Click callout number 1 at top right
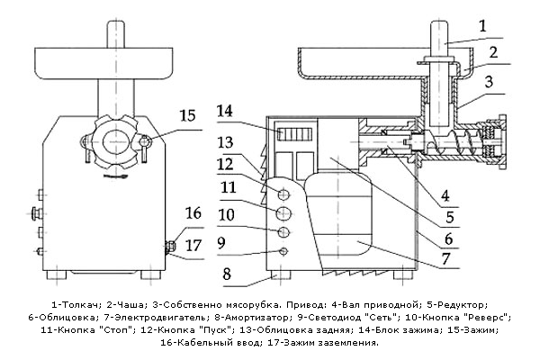[x=482, y=26]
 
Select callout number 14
[x=224, y=112]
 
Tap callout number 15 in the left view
[x=188, y=115]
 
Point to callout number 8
[x=227, y=274]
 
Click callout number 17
[x=193, y=246]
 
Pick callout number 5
[x=450, y=218]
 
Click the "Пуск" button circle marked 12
[x=283, y=195]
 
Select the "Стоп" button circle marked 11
[x=284, y=213]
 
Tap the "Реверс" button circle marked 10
[x=284, y=232]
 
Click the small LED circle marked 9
[x=283, y=252]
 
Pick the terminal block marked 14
[x=295, y=134]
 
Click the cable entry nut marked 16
[x=170, y=246]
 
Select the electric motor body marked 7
[x=338, y=220]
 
